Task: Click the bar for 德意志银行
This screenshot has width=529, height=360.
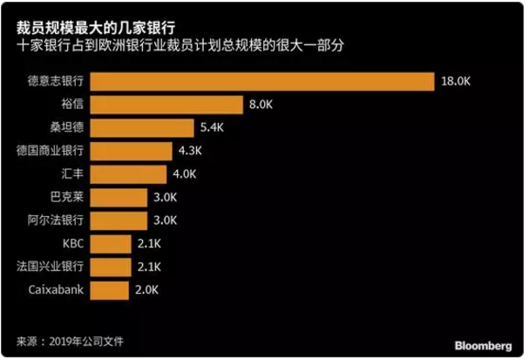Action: tap(261, 81)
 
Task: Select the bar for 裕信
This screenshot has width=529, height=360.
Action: tap(166, 105)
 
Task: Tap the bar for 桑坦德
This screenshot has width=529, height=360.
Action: tap(142, 127)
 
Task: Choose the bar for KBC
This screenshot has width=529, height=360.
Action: tap(111, 242)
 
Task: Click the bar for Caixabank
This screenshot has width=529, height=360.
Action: tap(110, 288)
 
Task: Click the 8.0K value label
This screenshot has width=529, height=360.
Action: tap(261, 105)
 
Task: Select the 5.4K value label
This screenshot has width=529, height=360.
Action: tap(211, 127)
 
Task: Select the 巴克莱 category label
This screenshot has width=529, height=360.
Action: tap(66, 196)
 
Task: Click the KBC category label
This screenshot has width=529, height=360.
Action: tap(71, 242)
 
